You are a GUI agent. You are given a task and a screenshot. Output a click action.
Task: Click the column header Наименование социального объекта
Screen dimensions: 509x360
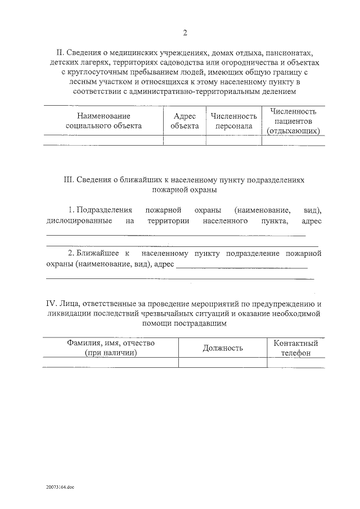[x=103, y=121]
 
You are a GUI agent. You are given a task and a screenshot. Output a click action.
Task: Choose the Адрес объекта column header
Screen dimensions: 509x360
[x=184, y=121]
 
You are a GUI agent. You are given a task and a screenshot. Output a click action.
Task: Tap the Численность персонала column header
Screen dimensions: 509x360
[x=234, y=121]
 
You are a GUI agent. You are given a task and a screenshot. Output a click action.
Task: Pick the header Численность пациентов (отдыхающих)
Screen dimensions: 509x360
[x=293, y=121]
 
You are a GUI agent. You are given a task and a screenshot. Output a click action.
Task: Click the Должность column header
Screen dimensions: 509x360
[x=223, y=348]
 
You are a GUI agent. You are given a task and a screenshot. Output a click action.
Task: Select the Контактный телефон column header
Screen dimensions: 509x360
[x=296, y=348]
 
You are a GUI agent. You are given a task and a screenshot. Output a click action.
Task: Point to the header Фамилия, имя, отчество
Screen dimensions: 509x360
[x=111, y=343]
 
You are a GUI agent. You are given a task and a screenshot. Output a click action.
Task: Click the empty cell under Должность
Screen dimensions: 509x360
[x=223, y=363]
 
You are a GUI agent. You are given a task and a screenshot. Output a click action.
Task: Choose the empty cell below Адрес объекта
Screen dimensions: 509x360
[x=184, y=141]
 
